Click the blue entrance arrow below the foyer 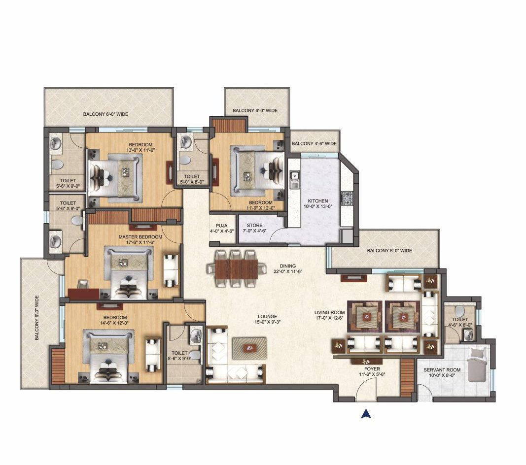[x=366, y=414]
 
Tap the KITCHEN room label [x=317, y=201]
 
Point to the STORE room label [x=254, y=225]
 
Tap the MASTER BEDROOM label [x=140, y=237]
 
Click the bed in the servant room [x=477, y=365]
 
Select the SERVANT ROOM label [x=442, y=370]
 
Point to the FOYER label [x=372, y=369]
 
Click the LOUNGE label [x=267, y=316]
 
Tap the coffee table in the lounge [x=249, y=348]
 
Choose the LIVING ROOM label [x=329, y=312]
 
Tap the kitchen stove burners [x=346, y=199]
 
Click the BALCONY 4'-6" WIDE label [x=314, y=143]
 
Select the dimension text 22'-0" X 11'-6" [x=288, y=271]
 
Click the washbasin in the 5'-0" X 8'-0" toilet [x=185, y=141]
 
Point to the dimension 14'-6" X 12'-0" [x=115, y=323]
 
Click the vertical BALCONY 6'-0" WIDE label [x=37, y=318]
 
